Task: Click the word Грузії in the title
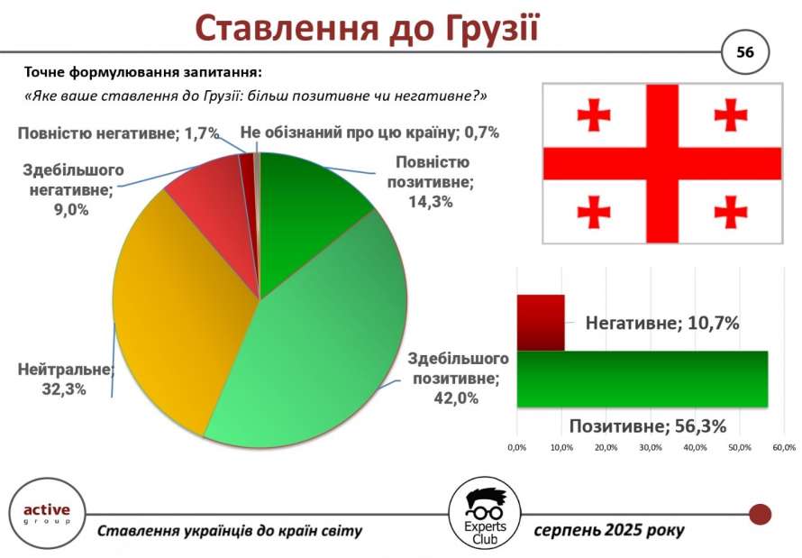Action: pyautogui.click(x=492, y=29)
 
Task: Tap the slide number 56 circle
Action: pyautogui.click(x=745, y=52)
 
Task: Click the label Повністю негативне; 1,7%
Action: pyautogui.click(x=119, y=134)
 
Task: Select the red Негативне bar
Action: pyautogui.click(x=541, y=323)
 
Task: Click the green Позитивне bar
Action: pyautogui.click(x=643, y=379)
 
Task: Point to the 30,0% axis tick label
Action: pyautogui.click(x=651, y=447)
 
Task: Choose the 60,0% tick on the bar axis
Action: pyautogui.click(x=784, y=447)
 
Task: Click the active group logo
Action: pyautogui.click(x=47, y=514)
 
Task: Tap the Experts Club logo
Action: pyautogui.click(x=485, y=514)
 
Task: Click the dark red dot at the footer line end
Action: pyautogui.click(x=760, y=514)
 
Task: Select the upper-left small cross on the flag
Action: pyautogui.click(x=593, y=114)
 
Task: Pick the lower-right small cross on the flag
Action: pyautogui.click(x=731, y=211)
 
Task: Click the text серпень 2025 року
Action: pyautogui.click(x=609, y=530)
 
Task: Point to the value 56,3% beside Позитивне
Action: pyautogui.click(x=700, y=426)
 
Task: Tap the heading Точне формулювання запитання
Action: pyautogui.click(x=142, y=73)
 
